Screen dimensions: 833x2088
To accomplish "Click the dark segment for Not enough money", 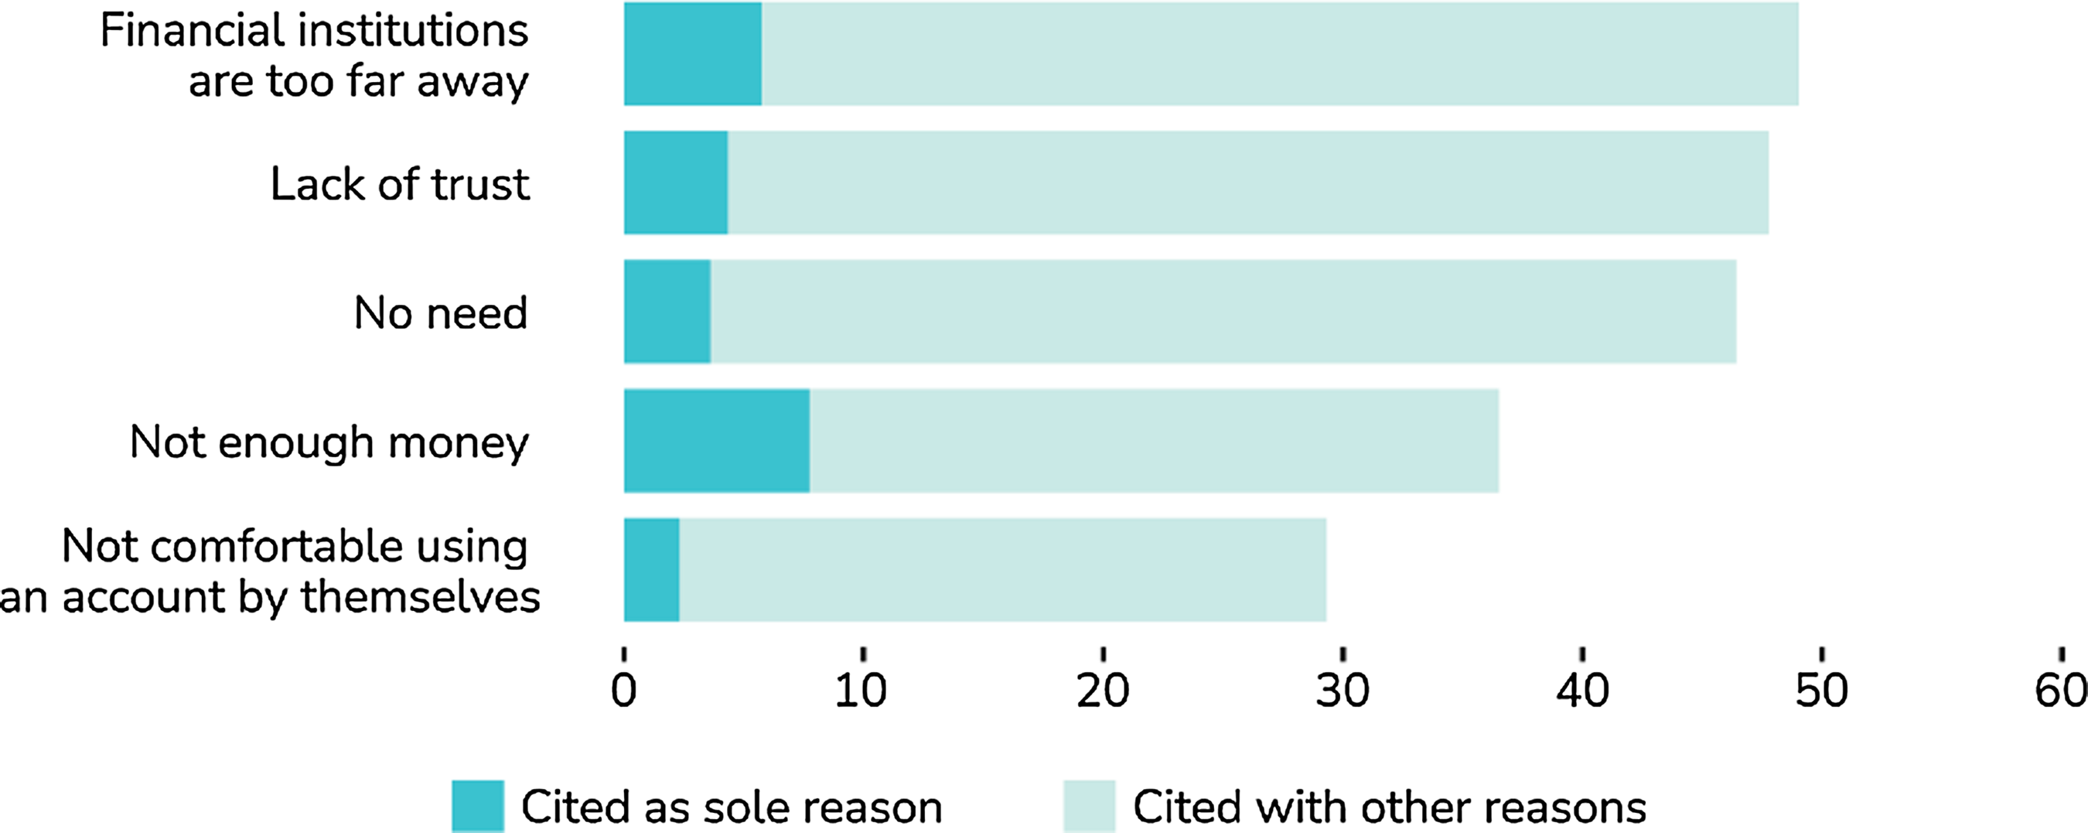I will point(717,441).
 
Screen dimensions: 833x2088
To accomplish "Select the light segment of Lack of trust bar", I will point(1247,183).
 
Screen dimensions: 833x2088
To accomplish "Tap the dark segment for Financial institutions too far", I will point(692,54).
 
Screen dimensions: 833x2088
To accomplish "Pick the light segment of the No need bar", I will point(1223,312).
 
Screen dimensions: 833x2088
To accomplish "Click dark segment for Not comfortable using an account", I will point(652,570).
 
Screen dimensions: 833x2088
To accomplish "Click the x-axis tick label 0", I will point(623,691).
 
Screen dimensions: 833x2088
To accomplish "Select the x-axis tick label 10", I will point(861,691).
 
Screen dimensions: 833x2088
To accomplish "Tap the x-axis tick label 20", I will point(1102,691).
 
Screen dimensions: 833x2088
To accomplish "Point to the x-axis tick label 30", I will point(1343,691).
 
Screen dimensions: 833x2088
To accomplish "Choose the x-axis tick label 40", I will point(1582,691).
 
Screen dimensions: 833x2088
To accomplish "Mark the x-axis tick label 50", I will point(1821,691).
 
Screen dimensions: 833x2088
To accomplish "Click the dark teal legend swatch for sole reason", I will point(477,806).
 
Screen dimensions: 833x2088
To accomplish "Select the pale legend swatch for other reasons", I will point(1089,806).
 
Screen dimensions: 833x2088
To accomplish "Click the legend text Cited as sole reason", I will point(731,808).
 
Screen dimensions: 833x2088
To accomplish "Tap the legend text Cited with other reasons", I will point(1390,808).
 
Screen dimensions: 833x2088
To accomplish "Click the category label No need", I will point(440,312).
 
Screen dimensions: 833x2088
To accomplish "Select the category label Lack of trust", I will point(400,184).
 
